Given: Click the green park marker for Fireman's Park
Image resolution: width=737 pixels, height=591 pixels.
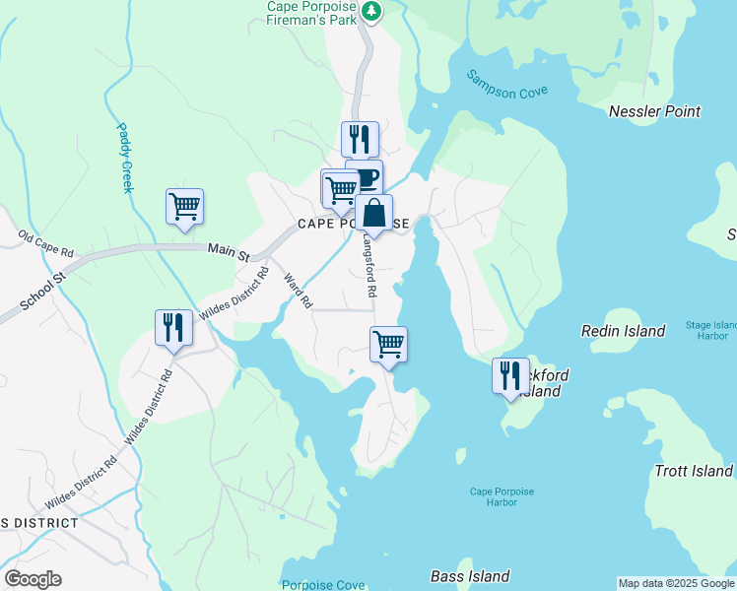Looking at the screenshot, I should (371, 12).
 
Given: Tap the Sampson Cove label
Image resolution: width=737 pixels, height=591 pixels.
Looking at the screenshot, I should (506, 84).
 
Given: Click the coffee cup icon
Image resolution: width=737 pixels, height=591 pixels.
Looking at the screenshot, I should (367, 177).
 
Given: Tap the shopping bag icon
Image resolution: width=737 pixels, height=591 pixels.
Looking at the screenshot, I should (374, 212).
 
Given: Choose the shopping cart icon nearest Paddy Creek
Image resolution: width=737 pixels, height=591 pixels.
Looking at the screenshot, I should (184, 206).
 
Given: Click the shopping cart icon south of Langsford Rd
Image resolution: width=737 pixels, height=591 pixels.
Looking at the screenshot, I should (389, 344).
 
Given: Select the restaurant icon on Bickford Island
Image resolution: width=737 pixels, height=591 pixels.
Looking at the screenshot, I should (510, 375).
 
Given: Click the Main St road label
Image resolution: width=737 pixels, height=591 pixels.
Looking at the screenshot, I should (229, 251).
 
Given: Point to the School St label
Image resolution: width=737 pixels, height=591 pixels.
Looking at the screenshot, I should (42, 294).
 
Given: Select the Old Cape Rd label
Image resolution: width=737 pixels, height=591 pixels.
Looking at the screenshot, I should (46, 245).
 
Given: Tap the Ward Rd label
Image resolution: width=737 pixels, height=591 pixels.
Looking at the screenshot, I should (297, 291).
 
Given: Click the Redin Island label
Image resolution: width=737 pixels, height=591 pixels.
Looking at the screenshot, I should (623, 331).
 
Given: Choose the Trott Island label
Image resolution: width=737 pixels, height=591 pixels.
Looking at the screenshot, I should (694, 471).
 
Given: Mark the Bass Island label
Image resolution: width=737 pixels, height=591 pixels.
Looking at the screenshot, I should (470, 576).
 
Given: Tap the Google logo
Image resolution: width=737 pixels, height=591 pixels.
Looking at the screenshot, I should (33, 579).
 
